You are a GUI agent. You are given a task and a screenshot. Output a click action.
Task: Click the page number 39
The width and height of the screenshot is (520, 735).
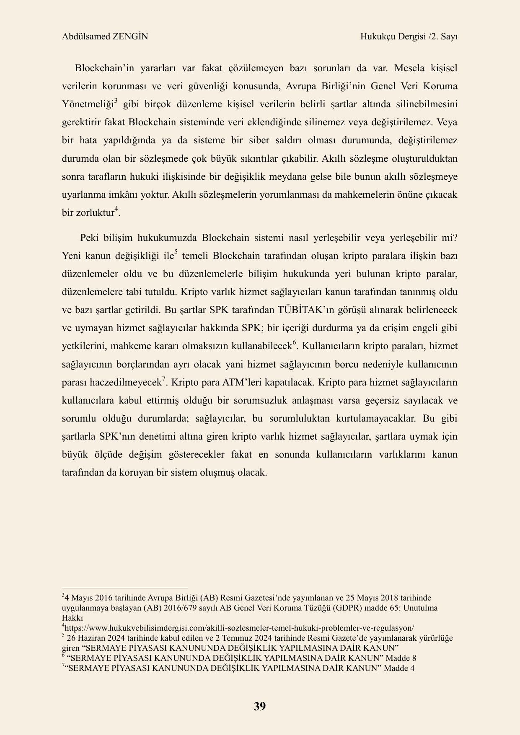[259, 707]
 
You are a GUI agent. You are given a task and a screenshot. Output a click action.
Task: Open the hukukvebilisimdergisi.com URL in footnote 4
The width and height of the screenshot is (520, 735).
[239, 628]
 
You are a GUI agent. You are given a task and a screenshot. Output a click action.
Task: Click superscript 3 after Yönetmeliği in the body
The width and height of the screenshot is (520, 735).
[116, 101]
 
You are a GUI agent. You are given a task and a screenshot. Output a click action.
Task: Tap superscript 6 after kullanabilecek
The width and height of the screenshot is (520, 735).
[295, 343]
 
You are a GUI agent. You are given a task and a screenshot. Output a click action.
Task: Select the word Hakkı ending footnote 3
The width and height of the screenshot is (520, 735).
[72, 618]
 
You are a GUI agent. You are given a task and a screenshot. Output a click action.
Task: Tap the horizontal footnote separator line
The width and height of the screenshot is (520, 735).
[124, 588]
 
